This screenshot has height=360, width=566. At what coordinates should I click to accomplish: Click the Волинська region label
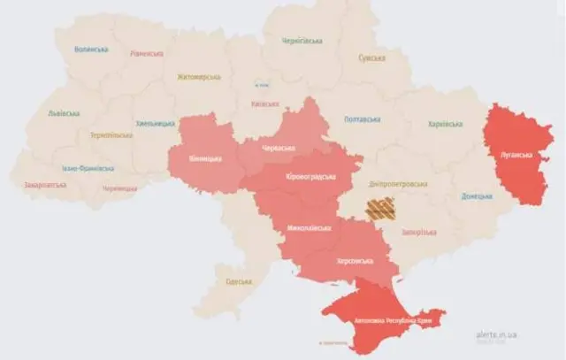(90, 50)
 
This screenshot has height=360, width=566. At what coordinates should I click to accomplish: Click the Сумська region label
(371, 58)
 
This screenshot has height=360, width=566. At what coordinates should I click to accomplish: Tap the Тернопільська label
(111, 135)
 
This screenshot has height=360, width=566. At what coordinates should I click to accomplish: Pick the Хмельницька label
(156, 124)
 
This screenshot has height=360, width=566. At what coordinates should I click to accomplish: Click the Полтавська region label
(362, 119)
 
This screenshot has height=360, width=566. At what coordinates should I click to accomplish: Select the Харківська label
(445, 124)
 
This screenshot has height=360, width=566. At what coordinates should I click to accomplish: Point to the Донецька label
(477, 196)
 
